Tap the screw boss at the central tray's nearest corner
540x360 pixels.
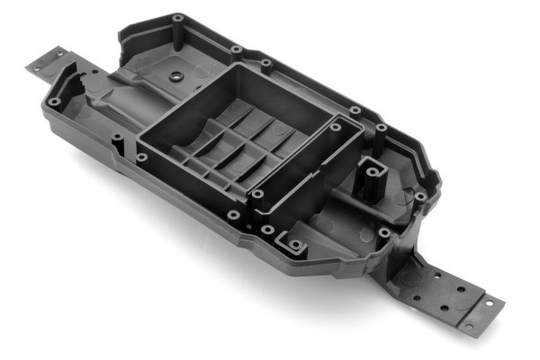click(x=257, y=194)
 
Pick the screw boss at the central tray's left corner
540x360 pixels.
click(x=141, y=158)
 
